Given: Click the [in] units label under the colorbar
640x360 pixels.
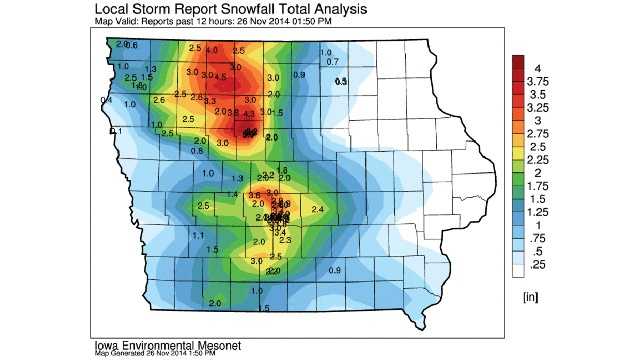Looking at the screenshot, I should (532, 297).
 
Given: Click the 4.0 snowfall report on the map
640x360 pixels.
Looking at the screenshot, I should (212, 50).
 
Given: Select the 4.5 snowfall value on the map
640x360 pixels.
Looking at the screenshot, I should (220, 76).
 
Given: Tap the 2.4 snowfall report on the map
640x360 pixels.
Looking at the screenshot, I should (318, 208).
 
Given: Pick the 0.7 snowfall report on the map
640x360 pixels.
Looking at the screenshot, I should (333, 62).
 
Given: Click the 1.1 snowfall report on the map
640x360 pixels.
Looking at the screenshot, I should (197, 235).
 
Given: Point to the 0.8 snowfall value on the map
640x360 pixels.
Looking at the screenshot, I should (196, 150).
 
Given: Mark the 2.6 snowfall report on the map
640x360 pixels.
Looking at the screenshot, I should (159, 100).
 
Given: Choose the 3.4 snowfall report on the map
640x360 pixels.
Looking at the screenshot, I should (279, 232).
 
